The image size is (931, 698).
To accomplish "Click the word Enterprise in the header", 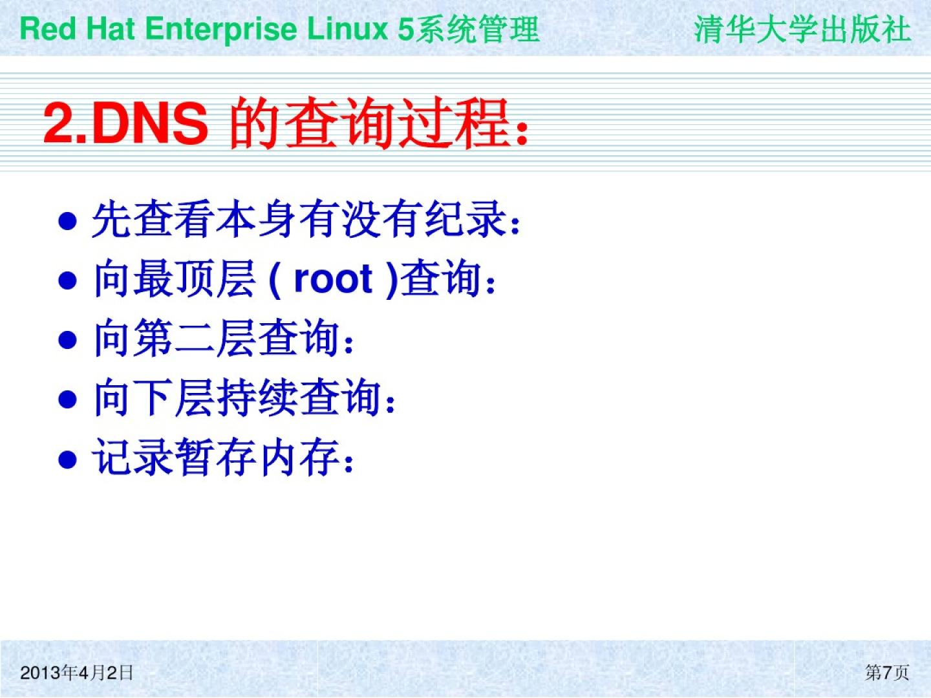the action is (220, 30).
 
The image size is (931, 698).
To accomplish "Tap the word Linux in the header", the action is (347, 29).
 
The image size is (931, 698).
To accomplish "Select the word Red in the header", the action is (48, 29).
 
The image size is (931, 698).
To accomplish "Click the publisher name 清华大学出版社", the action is (802, 29).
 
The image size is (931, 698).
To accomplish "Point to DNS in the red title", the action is (150, 123).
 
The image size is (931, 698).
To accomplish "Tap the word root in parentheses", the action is (333, 279).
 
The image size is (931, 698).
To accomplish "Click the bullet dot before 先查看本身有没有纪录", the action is (67, 221).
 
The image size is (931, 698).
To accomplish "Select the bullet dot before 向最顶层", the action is (67, 280).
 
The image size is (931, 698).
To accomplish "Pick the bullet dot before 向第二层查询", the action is (67, 340).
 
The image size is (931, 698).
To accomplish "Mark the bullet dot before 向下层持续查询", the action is (67, 399).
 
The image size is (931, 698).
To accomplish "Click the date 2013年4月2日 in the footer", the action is (76, 673).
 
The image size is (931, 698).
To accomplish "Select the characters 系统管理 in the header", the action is (478, 29).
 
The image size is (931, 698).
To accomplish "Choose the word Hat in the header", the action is (111, 29).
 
